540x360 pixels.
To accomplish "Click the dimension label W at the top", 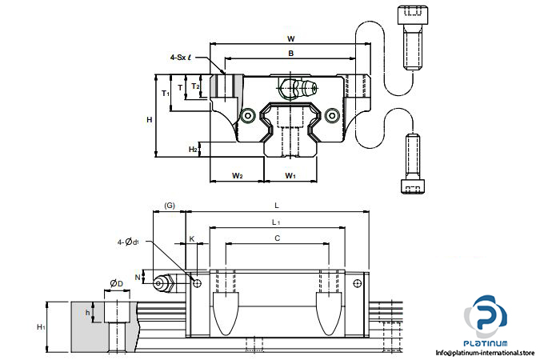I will pyautogui.click(x=290, y=38).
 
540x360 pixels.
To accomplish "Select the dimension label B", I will pyautogui.click(x=290, y=54).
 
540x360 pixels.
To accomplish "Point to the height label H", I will pyautogui.click(x=149, y=120).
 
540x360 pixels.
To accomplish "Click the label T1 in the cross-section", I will pyautogui.click(x=166, y=94).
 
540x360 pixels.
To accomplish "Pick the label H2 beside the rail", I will pyautogui.click(x=193, y=150).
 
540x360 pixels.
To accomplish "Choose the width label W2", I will pyautogui.click(x=238, y=175).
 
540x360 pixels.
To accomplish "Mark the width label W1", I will pyautogui.click(x=290, y=175).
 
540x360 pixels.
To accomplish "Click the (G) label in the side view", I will pyautogui.click(x=170, y=206).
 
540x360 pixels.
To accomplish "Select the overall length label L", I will pyautogui.click(x=277, y=206).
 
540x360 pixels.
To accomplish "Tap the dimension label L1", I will pyautogui.click(x=276, y=222).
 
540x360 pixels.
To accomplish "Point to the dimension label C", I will pyautogui.click(x=277, y=238).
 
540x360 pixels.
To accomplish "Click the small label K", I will pyautogui.click(x=192, y=238).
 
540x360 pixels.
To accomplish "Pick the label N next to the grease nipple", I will pyautogui.click(x=138, y=277).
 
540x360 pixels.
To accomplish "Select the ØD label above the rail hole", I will pyautogui.click(x=116, y=283).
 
